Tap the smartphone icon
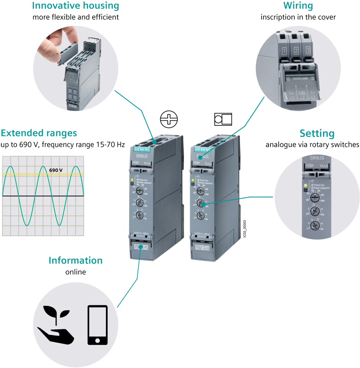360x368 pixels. [x=97, y=325]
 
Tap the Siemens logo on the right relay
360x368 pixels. [x=202, y=150]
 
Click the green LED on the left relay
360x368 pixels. [x=132, y=180]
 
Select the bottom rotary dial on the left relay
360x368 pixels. [x=139, y=215]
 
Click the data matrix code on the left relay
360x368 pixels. [x=141, y=248]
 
